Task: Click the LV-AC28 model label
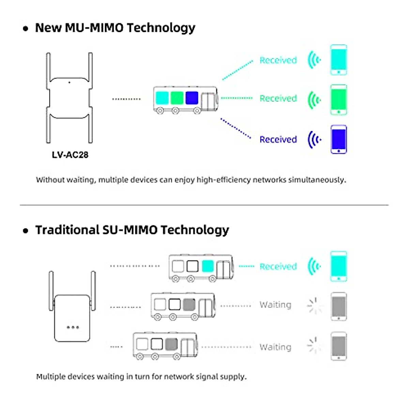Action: click(x=70, y=155)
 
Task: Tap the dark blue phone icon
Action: click(x=338, y=139)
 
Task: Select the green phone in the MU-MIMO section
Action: click(x=338, y=100)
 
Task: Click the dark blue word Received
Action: click(x=278, y=139)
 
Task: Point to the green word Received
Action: click(x=278, y=99)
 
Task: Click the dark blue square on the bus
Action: click(x=192, y=98)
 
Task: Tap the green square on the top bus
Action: click(x=177, y=98)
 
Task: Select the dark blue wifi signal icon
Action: click(x=314, y=139)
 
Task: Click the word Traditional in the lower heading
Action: click(x=67, y=230)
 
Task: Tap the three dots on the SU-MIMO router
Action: click(x=73, y=327)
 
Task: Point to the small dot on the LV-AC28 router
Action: click(x=69, y=82)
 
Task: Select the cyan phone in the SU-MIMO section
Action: click(x=338, y=266)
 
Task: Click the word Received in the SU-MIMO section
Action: click(x=278, y=267)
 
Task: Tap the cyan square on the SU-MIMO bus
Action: click(x=208, y=266)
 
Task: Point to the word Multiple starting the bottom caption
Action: click(x=51, y=377)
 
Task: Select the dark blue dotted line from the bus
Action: click(x=236, y=128)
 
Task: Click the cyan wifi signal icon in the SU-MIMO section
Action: click(x=314, y=266)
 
